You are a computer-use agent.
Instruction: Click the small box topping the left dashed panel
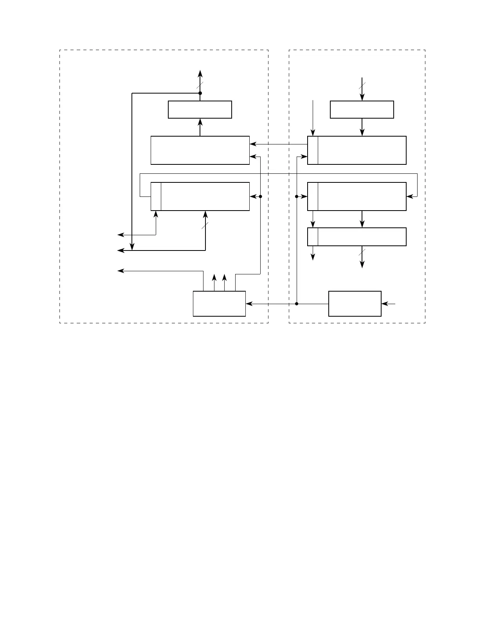click(x=200, y=109)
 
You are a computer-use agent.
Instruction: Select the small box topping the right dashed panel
click(x=362, y=109)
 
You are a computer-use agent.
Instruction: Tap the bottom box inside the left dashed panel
click(x=219, y=303)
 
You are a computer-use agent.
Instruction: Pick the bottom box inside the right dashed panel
click(x=355, y=303)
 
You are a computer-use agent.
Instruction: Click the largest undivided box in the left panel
click(x=200, y=150)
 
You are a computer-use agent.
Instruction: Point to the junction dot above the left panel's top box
click(x=200, y=93)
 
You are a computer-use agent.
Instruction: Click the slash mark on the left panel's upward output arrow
click(x=200, y=85)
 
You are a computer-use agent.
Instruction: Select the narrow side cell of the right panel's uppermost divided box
click(x=313, y=150)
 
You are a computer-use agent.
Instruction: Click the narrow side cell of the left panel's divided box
click(x=156, y=196)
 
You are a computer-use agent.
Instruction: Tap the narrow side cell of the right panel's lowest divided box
click(x=313, y=236)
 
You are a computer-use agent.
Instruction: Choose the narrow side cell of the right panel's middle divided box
click(x=313, y=196)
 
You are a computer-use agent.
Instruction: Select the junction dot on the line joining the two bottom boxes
click(x=297, y=303)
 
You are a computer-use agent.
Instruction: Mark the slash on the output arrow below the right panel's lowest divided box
click(x=362, y=252)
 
